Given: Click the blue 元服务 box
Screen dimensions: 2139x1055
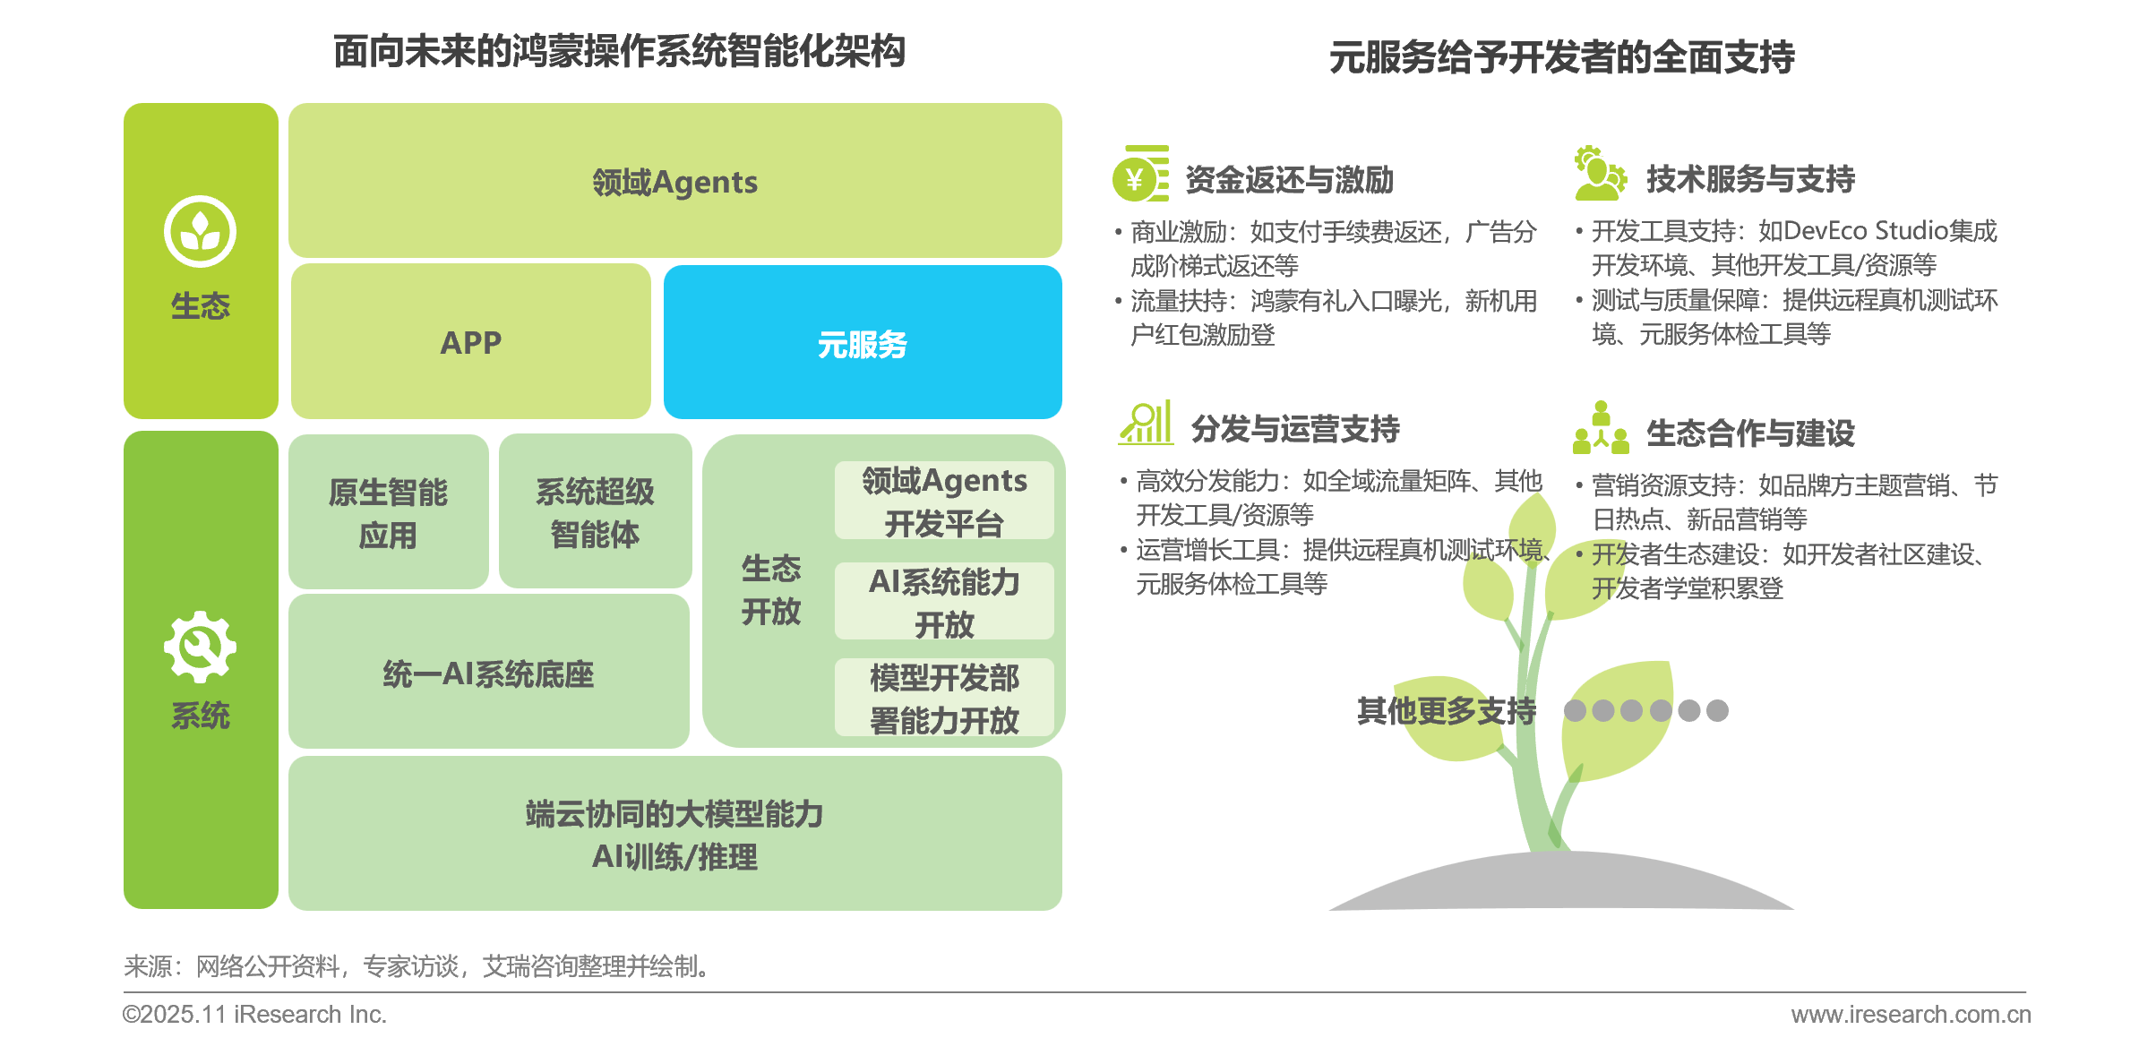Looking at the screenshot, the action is click(x=863, y=342).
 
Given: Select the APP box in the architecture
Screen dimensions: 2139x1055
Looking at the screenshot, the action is click(x=471, y=341).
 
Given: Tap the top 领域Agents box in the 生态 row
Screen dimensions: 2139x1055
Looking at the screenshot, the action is click(x=675, y=181).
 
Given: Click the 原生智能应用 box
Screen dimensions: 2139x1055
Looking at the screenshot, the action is click(x=389, y=511).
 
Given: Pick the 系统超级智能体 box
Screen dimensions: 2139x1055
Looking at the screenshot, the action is click(x=596, y=511).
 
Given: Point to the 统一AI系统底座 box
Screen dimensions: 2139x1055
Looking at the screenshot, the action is click(x=489, y=672).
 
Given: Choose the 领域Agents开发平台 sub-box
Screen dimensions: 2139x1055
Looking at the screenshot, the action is click(x=944, y=501).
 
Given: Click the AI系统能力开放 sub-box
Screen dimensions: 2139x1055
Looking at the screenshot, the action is click(x=944, y=601).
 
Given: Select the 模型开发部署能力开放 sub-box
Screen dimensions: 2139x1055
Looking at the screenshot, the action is click(x=944, y=698).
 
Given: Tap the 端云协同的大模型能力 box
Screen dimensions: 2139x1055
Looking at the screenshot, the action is click(x=675, y=834).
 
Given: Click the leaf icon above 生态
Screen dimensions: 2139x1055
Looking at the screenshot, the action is click(x=200, y=231).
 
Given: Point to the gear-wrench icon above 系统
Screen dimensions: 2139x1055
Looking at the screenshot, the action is click(x=200, y=647).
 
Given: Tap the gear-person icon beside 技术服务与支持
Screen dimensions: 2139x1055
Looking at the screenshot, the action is click(x=1601, y=173).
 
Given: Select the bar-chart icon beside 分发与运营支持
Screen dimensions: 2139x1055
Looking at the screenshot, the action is click(x=1145, y=423).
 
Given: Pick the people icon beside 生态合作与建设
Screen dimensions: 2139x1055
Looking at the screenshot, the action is click(x=1601, y=427).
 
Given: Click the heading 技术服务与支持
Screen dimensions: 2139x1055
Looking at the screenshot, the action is click(x=1750, y=179).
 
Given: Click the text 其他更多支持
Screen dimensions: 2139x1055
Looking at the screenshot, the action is click(x=1447, y=710).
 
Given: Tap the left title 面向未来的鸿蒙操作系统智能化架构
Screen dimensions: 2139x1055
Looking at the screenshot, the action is click(x=620, y=51).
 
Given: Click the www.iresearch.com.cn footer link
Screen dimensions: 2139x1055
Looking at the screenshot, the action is click(x=1911, y=1014).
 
